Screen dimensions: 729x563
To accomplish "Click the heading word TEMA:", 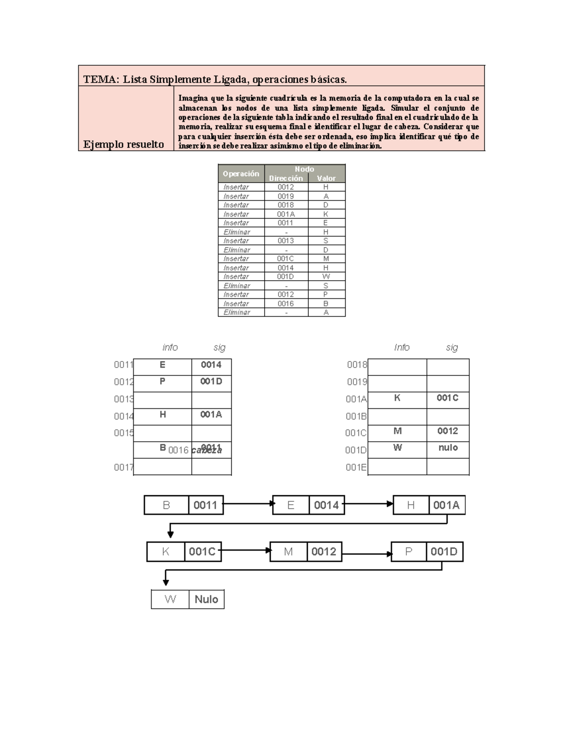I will [x=100, y=79].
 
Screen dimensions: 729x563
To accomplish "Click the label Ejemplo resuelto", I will [x=123, y=145].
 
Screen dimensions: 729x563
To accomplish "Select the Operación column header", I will [x=241, y=174].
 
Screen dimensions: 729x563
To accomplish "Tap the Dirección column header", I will [x=286, y=178].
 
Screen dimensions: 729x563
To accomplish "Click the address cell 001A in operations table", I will [x=286, y=214].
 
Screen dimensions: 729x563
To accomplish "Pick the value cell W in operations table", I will [x=326, y=276].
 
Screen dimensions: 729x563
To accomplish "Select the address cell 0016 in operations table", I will [x=286, y=304].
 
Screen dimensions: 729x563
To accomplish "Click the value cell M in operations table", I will [x=326, y=259].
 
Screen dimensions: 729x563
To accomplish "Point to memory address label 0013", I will [x=123, y=399].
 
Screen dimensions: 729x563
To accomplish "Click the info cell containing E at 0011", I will [x=162, y=365].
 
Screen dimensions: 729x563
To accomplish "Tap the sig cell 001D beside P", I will [x=211, y=381].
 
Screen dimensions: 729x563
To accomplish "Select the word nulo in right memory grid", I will [x=448, y=448].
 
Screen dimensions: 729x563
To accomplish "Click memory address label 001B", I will [x=356, y=416].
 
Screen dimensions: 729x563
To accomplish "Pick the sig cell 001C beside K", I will [x=448, y=398].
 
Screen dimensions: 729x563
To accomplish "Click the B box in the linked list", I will [x=166, y=505].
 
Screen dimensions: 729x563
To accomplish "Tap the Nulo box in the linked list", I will [x=206, y=599].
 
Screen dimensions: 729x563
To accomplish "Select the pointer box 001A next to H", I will [x=446, y=505].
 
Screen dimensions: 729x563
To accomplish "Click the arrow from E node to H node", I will [x=368, y=504].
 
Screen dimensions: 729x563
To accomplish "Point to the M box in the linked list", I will [x=289, y=552].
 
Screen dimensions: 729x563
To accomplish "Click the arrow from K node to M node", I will [x=245, y=550].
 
